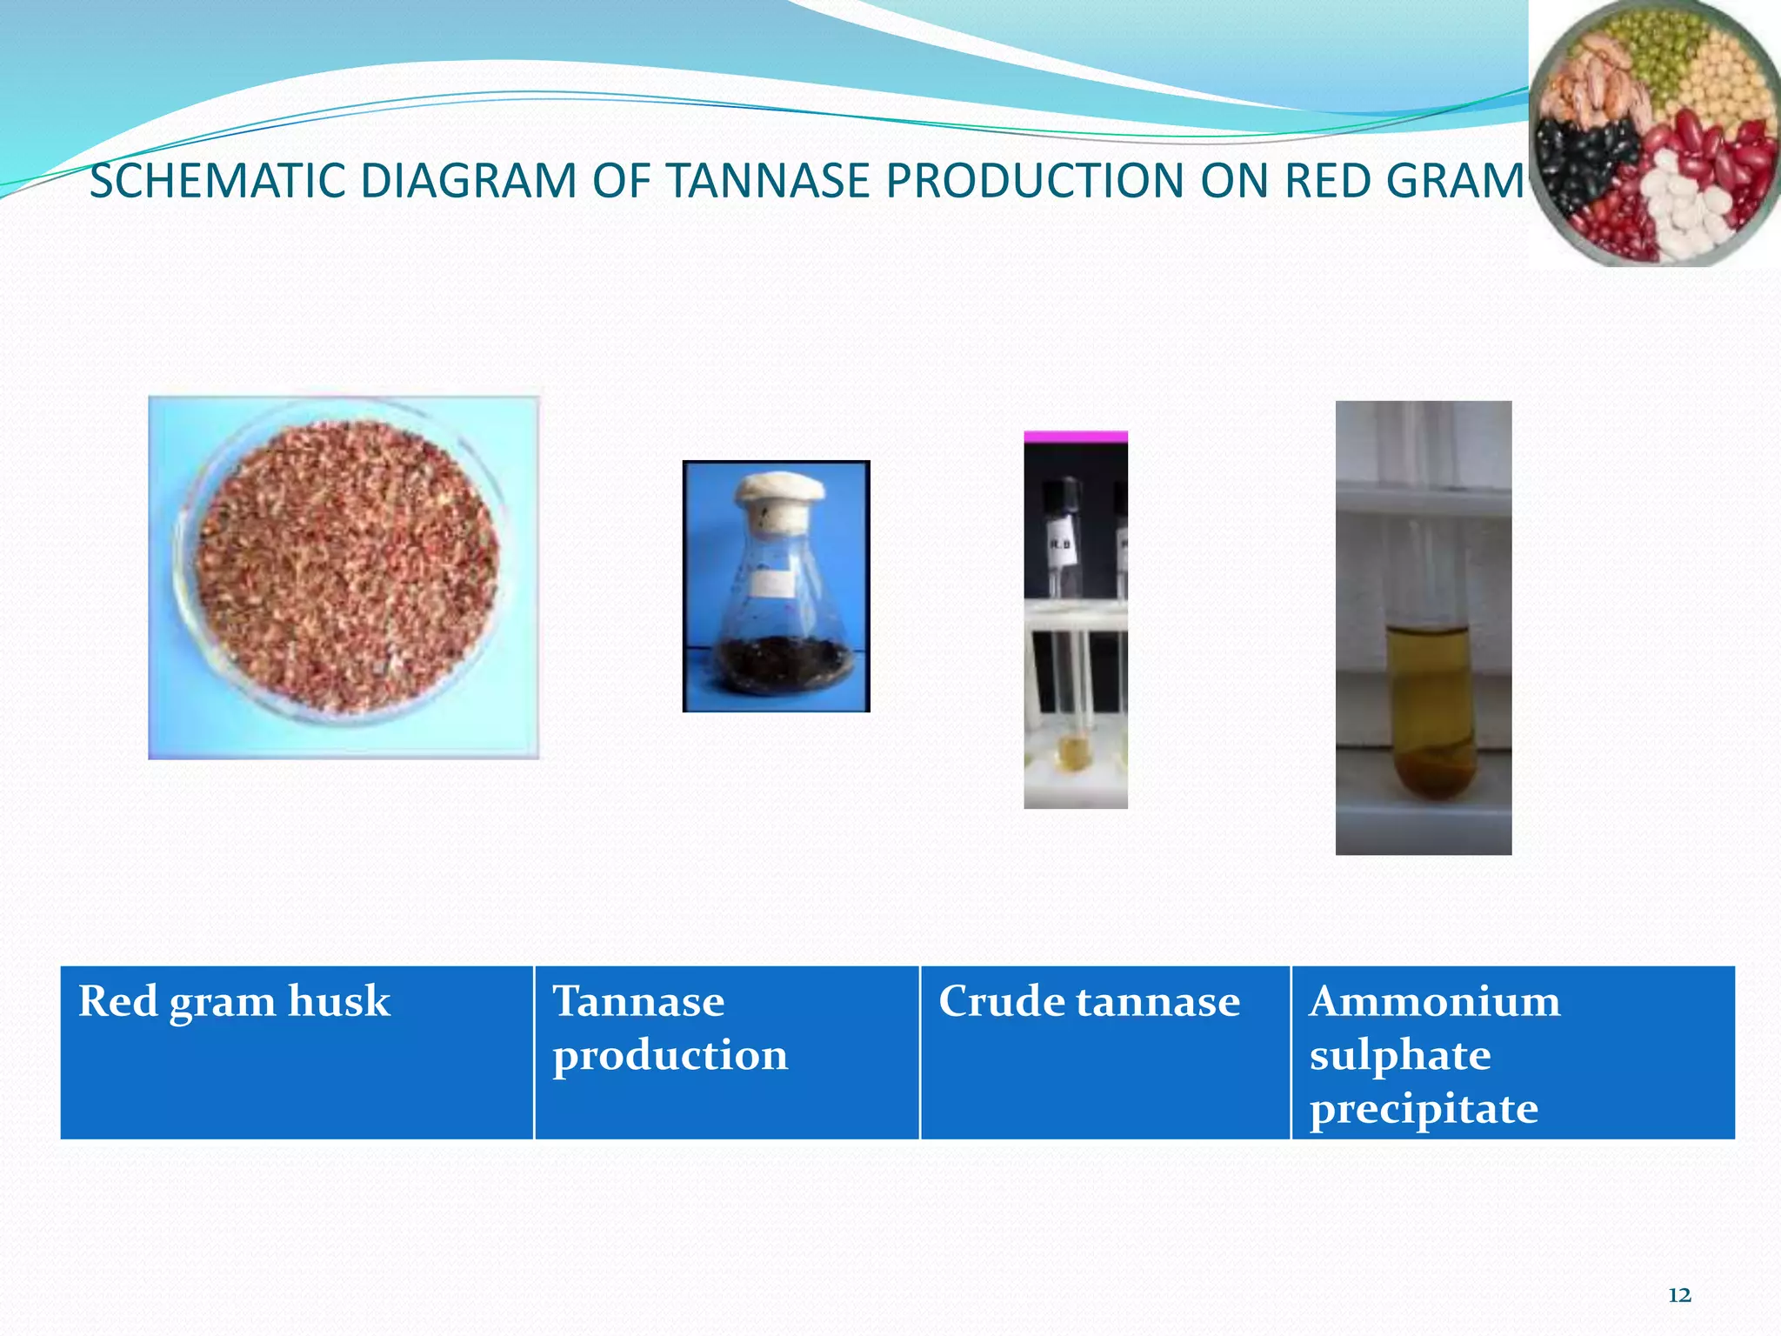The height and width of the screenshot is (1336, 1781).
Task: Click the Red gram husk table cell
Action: [296, 1052]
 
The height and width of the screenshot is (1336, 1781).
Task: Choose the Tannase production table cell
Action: [726, 1052]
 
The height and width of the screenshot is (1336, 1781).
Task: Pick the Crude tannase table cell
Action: [1104, 1052]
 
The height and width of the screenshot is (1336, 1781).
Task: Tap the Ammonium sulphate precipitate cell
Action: [1512, 1052]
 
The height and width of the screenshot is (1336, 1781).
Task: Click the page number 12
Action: [1679, 1295]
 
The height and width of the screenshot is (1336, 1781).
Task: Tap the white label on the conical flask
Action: [770, 582]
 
